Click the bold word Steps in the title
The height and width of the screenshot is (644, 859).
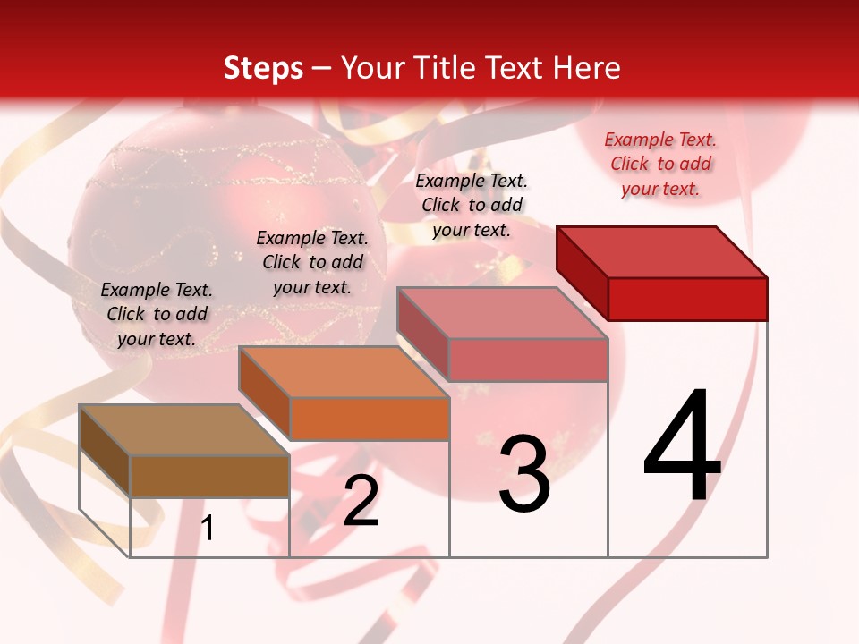click(x=263, y=68)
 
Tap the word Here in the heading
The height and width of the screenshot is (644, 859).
click(x=587, y=68)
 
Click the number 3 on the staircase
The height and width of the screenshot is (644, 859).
click(x=524, y=475)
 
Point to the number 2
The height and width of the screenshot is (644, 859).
click(x=361, y=502)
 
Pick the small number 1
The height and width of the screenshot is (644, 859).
click(x=208, y=529)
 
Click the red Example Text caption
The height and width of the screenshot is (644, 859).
click(x=660, y=164)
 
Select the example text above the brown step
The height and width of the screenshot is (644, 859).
click(x=157, y=314)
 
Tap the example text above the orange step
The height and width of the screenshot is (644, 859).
click(x=312, y=262)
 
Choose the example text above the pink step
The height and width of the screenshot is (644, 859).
click(x=472, y=205)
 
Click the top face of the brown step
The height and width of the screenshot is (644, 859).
click(x=183, y=430)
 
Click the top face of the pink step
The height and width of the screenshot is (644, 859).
click(x=501, y=313)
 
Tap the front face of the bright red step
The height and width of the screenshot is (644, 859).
click(x=687, y=299)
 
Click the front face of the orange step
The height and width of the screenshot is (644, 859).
click(x=369, y=419)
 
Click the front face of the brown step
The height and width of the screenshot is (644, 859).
click(x=209, y=476)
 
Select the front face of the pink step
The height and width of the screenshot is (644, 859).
click(x=528, y=360)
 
